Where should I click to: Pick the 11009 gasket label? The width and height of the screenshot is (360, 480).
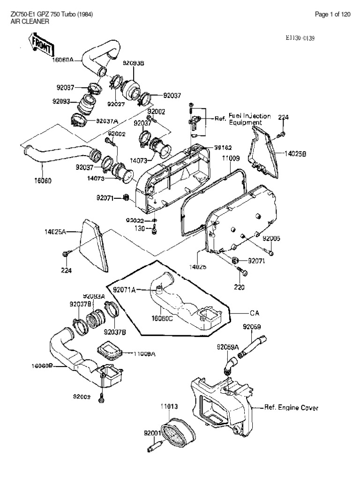tap(231, 159)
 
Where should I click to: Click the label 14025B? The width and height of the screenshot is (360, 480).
tap(295, 153)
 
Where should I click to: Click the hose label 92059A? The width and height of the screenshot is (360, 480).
tap(228, 347)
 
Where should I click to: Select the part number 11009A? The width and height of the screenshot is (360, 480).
tap(145, 354)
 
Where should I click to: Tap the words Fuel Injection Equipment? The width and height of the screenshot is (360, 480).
tap(249, 119)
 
